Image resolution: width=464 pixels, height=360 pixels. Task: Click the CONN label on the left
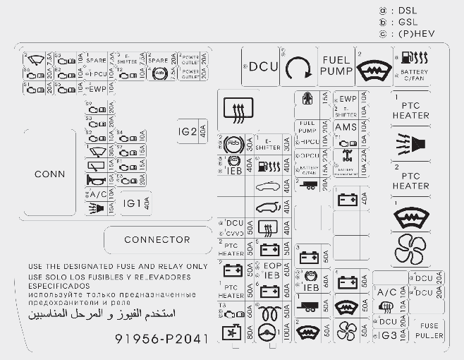point(49,174)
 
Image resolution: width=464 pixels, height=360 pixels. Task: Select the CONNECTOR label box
point(157,240)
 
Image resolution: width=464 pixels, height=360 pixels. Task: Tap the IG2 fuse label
point(188,131)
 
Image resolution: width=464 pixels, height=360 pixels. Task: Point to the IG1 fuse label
point(132,203)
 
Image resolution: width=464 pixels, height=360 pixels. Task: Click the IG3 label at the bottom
point(389,335)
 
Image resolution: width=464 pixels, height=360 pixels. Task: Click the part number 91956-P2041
point(161,340)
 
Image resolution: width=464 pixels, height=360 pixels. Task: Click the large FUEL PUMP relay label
point(336,66)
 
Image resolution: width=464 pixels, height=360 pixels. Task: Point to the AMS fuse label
point(346,127)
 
